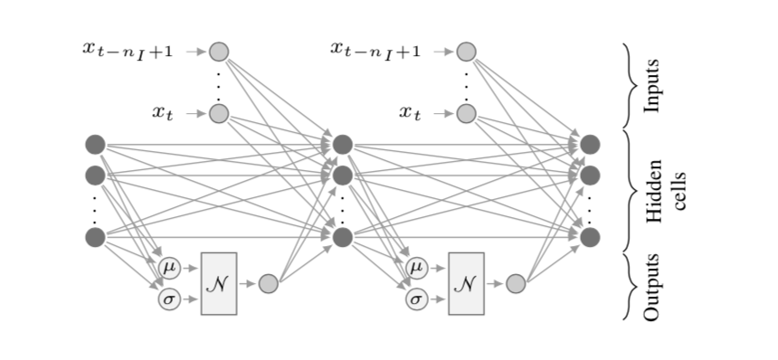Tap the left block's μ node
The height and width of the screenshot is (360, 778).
(x=169, y=267)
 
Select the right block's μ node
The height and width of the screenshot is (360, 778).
(x=416, y=267)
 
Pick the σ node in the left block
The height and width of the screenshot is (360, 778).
(x=169, y=298)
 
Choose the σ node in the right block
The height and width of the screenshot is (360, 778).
(x=416, y=298)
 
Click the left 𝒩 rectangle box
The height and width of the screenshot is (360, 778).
(x=218, y=283)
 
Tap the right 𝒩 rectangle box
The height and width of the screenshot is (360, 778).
(x=466, y=283)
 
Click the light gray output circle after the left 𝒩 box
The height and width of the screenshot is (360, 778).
(x=269, y=284)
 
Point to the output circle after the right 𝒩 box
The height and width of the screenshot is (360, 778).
(x=516, y=284)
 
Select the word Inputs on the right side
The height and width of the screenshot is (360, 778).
(x=652, y=86)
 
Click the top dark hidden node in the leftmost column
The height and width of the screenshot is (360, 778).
(x=95, y=144)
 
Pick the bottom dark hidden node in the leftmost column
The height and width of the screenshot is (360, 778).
(x=95, y=237)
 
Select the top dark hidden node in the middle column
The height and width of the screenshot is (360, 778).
(x=342, y=144)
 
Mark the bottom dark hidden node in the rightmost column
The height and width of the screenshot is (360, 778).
(x=590, y=237)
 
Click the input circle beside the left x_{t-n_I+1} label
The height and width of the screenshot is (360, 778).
(x=219, y=52)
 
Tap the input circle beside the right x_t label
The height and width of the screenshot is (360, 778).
(x=466, y=113)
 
